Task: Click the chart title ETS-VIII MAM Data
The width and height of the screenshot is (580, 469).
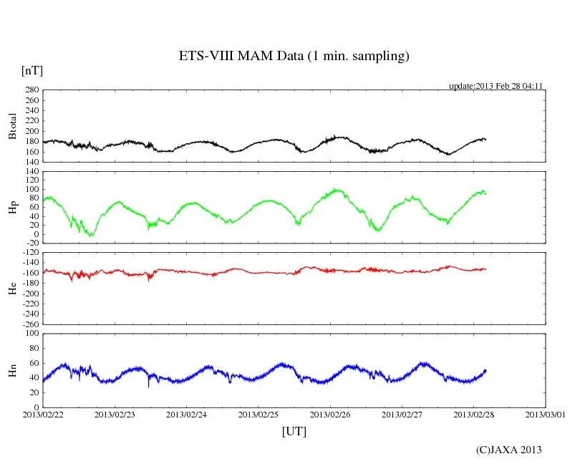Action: (294, 57)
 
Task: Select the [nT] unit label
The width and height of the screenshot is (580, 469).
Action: (32, 70)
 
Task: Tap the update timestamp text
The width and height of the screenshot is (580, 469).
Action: (496, 86)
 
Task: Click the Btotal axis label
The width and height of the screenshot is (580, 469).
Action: (13, 125)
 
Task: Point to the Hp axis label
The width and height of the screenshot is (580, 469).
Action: (13, 207)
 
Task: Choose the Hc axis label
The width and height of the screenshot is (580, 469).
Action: (13, 287)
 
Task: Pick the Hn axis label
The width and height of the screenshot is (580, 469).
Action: (13, 369)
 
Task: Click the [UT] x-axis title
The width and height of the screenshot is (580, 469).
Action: (294, 431)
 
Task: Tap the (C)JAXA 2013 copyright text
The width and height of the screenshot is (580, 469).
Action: (508, 450)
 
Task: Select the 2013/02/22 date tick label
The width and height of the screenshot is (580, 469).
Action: (44, 415)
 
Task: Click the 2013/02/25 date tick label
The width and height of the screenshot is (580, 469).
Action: (258, 415)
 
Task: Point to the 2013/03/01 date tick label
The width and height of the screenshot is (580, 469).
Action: (545, 415)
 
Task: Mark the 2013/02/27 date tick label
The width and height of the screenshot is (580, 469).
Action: (402, 415)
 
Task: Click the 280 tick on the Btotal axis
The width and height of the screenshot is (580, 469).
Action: (32, 90)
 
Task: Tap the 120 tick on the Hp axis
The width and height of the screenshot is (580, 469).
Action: (32, 172)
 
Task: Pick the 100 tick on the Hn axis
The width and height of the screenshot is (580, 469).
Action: (32, 334)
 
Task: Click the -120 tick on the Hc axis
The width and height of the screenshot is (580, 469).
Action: (29, 253)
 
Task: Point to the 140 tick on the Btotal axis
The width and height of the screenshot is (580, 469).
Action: (32, 162)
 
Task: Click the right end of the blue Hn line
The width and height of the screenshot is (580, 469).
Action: (485, 370)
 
